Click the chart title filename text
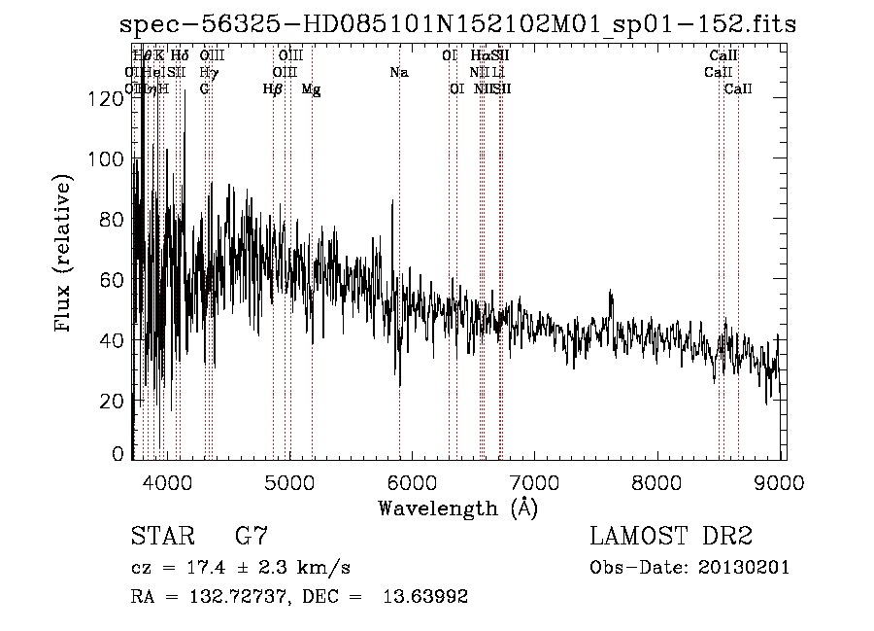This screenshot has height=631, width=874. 456,24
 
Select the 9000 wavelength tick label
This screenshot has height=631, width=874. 782,482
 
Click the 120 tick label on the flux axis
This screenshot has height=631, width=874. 110,98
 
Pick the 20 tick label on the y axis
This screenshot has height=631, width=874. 115,400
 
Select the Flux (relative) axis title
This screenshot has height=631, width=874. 65,255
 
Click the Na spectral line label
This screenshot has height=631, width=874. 399,72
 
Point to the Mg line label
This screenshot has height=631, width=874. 311,89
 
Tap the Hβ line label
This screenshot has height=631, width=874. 273,89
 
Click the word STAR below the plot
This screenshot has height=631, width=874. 160,537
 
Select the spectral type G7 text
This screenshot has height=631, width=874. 251,537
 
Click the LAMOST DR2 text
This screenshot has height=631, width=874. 671,537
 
